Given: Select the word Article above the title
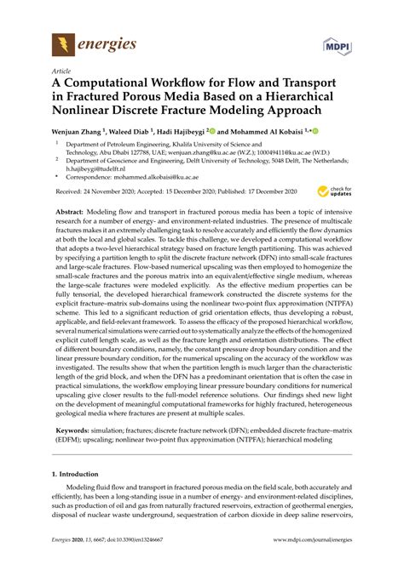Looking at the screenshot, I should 61,71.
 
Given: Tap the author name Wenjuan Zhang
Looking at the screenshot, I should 78,132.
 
